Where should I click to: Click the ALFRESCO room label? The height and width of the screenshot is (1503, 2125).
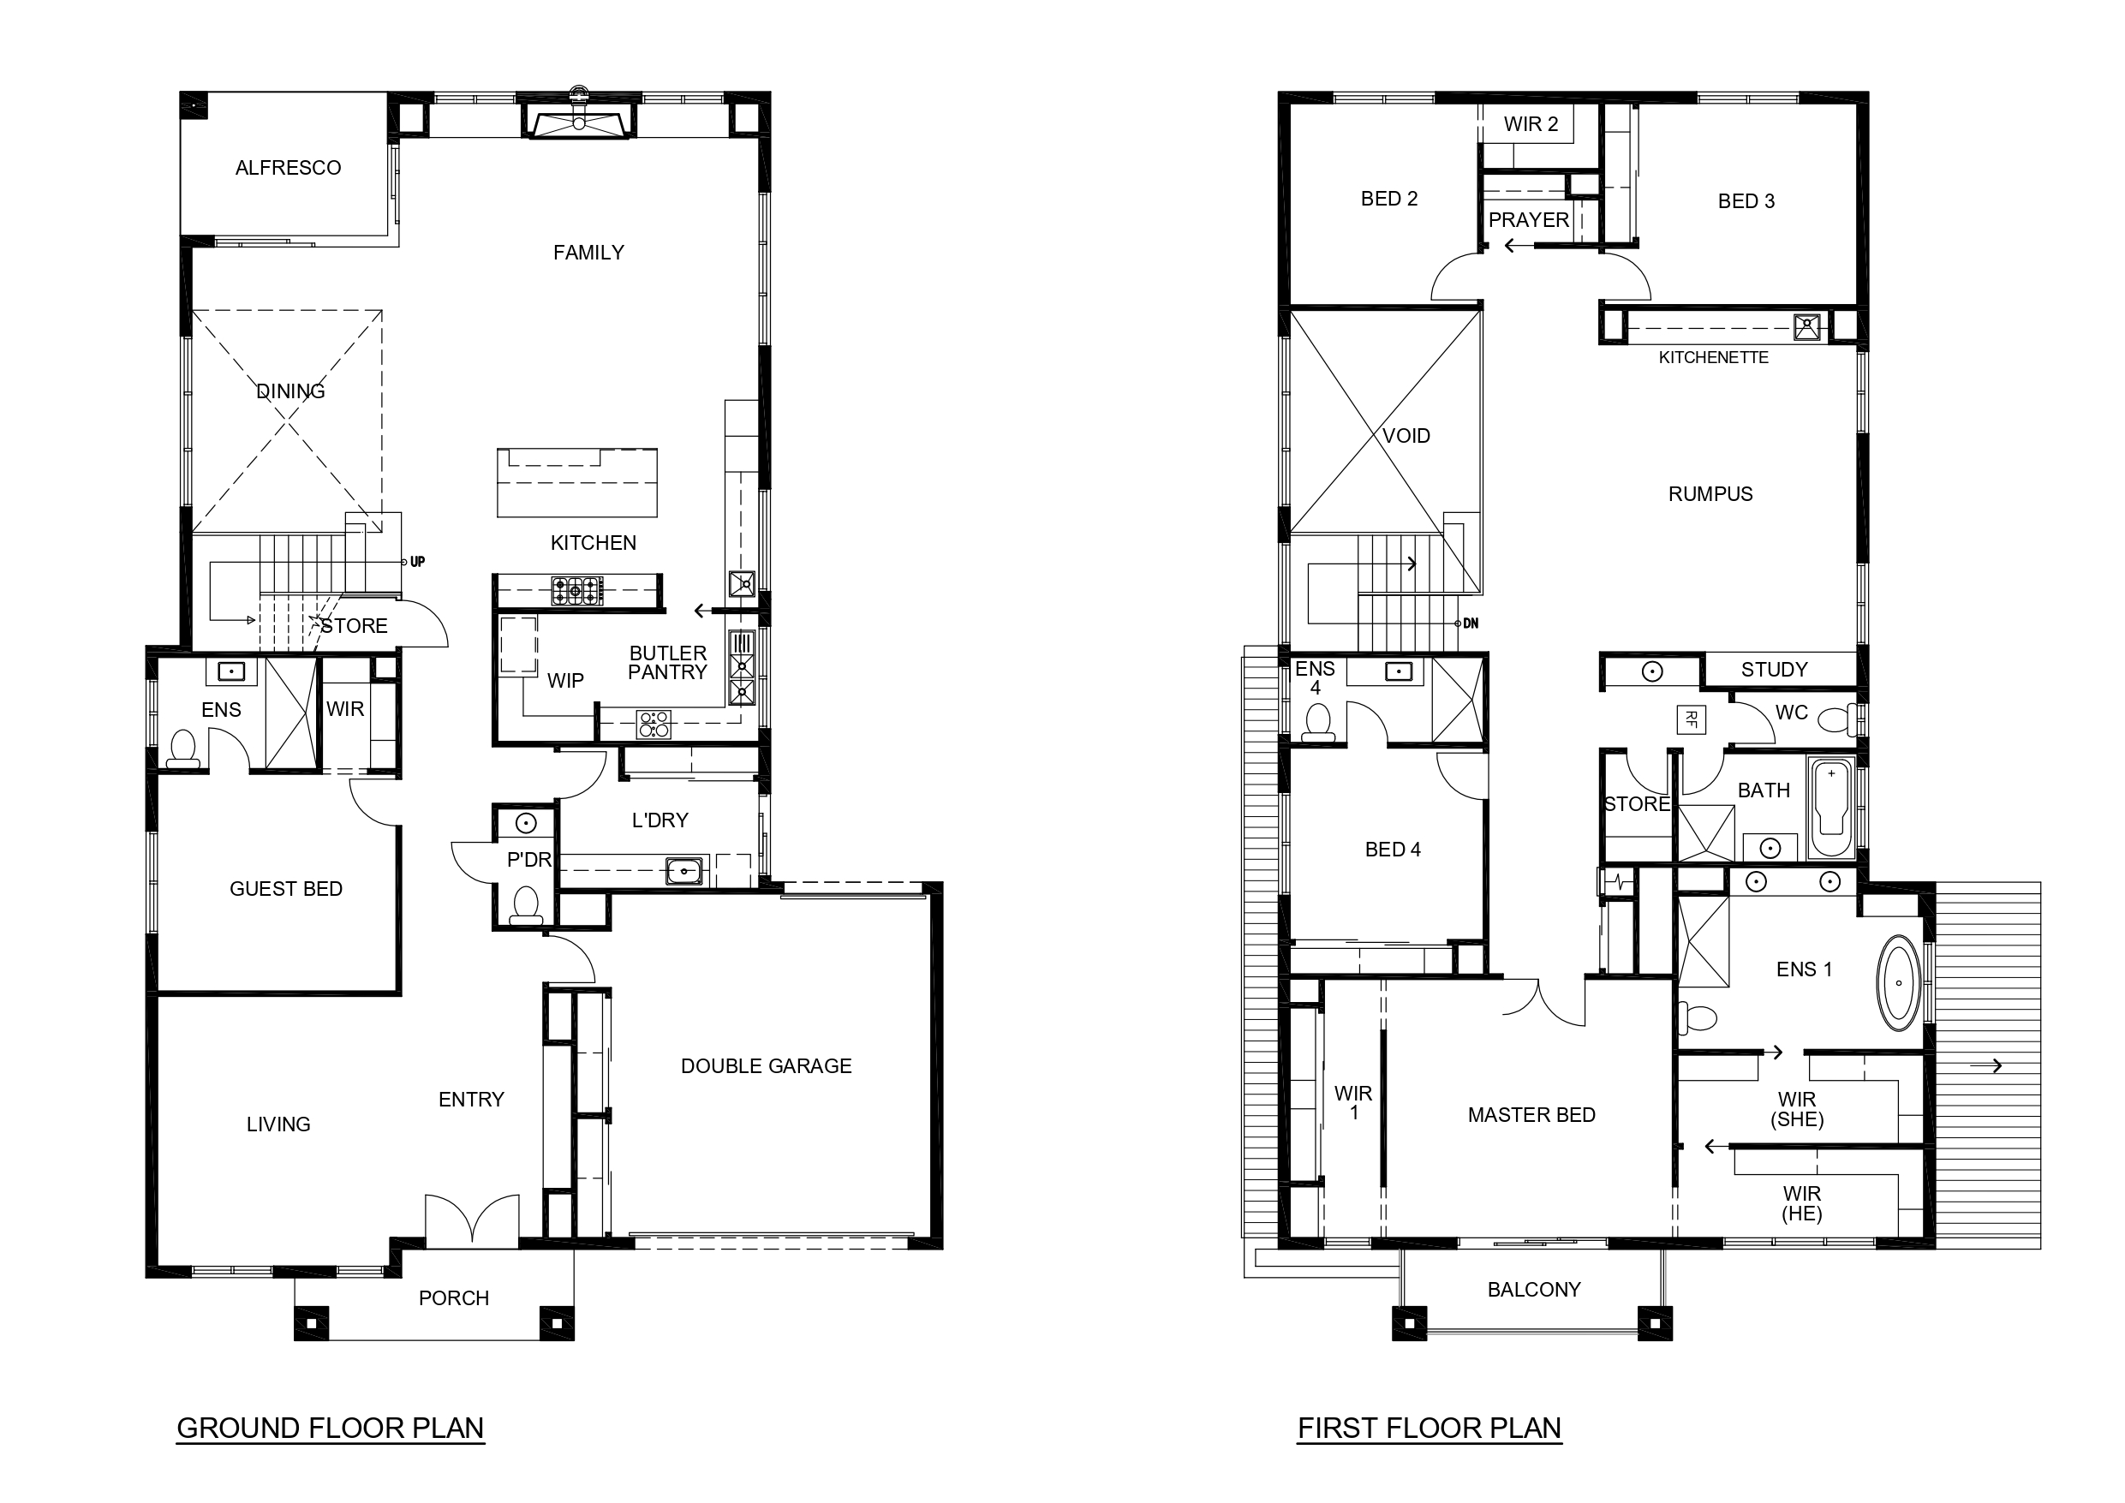tap(288, 168)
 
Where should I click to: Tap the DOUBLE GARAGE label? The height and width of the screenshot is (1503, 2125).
tap(767, 1066)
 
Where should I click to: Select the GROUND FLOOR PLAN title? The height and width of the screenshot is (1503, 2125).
tap(331, 1428)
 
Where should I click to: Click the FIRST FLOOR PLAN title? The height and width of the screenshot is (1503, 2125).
tap(1429, 1428)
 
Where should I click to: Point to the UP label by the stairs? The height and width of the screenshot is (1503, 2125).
tap(417, 562)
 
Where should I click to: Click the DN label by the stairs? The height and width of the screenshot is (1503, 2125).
tap(1471, 623)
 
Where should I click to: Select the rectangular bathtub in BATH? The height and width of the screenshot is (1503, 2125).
tap(1831, 809)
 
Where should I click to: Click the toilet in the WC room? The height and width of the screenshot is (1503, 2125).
tap(1838, 719)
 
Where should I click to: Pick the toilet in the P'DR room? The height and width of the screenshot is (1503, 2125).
tap(526, 904)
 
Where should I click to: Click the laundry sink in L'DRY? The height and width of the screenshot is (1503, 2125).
tap(684, 871)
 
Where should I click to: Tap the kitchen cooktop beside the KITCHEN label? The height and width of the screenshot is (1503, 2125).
tap(577, 590)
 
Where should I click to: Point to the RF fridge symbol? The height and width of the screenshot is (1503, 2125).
tap(1691, 719)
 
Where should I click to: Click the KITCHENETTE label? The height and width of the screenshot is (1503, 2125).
tap(1713, 357)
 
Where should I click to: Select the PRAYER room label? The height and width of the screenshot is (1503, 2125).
tap(1529, 220)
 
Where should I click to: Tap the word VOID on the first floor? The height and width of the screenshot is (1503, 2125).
tap(1406, 436)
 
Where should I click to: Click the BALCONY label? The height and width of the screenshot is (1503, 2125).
tap(1534, 1289)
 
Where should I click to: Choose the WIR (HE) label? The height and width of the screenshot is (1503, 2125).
tap(1802, 1204)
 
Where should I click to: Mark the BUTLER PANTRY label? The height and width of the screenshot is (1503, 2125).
tap(667, 663)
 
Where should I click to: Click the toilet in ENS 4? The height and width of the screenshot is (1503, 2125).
tap(1318, 721)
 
